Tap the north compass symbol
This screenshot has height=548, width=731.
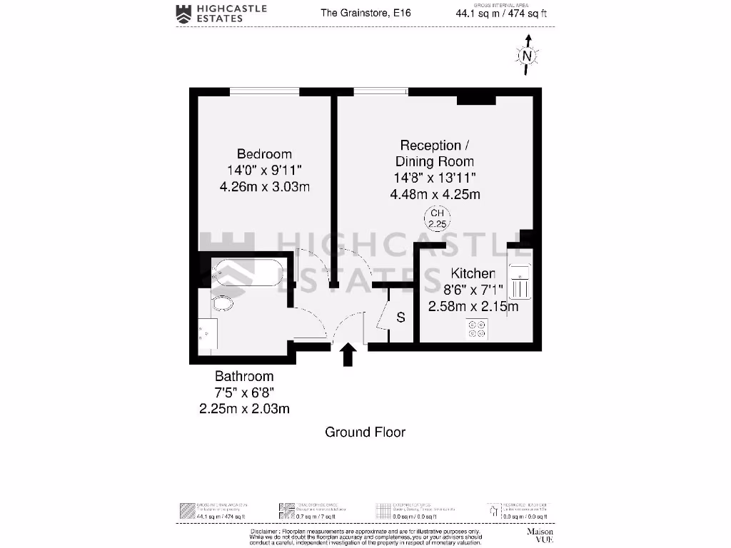527,55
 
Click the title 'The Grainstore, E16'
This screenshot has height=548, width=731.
365,13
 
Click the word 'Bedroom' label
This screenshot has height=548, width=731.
264,154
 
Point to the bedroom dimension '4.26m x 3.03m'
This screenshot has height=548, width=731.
264,187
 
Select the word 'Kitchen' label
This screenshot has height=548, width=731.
473,273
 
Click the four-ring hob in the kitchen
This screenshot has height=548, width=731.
476,329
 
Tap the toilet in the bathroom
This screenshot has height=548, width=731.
223,304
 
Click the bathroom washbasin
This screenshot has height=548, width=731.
207,333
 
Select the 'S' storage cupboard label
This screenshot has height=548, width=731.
400,317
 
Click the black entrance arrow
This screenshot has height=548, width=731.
348,355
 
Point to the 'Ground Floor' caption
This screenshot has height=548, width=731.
365,432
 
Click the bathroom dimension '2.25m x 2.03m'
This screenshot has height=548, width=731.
244,409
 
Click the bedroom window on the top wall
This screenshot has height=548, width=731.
264,91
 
